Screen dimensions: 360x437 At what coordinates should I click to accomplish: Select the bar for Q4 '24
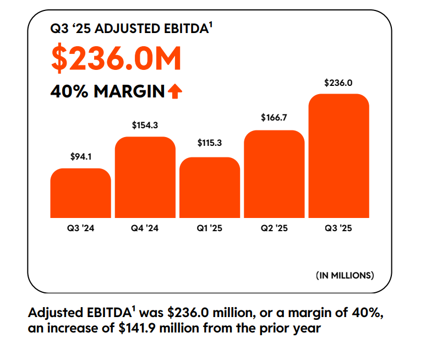pyautogui.click(x=145, y=177)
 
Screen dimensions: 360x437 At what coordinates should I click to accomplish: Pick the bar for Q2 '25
pyautogui.click(x=274, y=174)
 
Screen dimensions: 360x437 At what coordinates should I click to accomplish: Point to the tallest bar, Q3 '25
pyautogui.click(x=338, y=156)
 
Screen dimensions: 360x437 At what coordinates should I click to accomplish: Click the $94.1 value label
pyautogui.click(x=80, y=157)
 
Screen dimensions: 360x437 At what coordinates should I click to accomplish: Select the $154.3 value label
pyautogui.click(x=145, y=126)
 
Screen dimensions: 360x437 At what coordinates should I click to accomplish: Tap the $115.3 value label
pyautogui.click(x=210, y=143)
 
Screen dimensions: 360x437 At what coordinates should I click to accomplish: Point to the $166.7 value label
pyautogui.click(x=274, y=117)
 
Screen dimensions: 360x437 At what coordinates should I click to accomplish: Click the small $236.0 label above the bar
pyautogui.click(x=338, y=83)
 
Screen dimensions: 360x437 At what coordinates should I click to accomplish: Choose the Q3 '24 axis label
pyautogui.click(x=80, y=228)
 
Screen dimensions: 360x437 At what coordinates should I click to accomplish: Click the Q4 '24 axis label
pyautogui.click(x=145, y=228)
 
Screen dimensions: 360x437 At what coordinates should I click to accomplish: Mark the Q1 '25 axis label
pyautogui.click(x=210, y=228)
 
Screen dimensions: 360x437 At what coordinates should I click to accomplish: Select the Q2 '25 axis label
pyautogui.click(x=274, y=228)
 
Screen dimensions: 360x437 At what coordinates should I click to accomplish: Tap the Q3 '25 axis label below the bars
pyautogui.click(x=338, y=228)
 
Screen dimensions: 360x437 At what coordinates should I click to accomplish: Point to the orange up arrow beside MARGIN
pyautogui.click(x=175, y=91)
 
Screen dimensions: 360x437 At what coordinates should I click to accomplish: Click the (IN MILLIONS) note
pyautogui.click(x=345, y=274)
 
